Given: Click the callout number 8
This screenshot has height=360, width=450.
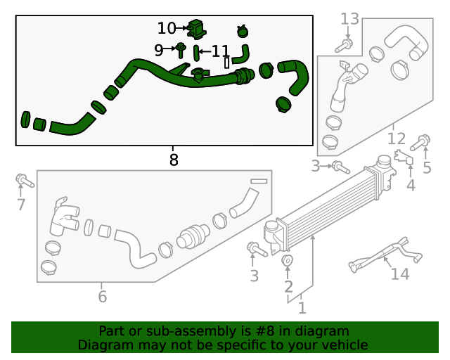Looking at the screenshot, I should tap(174, 160).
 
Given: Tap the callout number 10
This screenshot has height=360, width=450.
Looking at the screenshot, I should tap(167, 28).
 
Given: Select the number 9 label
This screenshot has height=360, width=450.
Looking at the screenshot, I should tap(159, 50).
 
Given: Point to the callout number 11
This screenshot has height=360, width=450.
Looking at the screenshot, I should tap(220, 51).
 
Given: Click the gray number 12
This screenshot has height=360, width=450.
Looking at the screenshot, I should tap(397, 139).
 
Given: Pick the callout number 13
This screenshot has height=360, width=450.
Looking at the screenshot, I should tap(349, 18).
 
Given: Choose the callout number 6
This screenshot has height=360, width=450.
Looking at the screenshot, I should tap(103, 297).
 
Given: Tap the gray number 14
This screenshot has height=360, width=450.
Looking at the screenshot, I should tap(399, 274).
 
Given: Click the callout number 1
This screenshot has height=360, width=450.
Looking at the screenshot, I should tap(302, 308).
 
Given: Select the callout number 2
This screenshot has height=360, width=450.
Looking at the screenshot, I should tap(288, 286).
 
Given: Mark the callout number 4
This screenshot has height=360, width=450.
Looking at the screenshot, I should tap(411, 186).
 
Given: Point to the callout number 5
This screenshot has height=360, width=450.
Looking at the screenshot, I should tap(427, 167).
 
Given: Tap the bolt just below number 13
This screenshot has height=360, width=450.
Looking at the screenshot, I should tap(345, 46).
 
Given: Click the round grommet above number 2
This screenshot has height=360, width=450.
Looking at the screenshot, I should tap(288, 262).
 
